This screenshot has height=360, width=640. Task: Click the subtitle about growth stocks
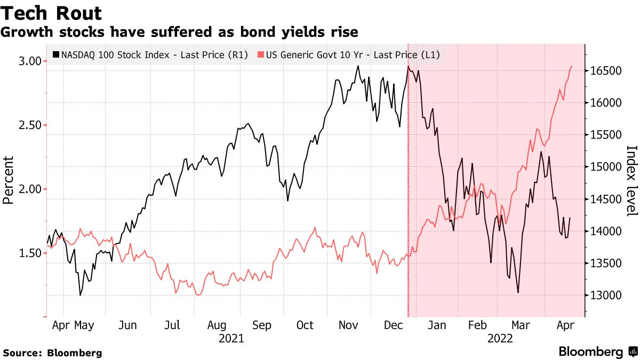coord(179,32)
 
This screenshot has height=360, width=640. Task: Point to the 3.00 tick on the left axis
coord(30,61)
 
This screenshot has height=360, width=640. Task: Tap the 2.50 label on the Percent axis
coord(30,125)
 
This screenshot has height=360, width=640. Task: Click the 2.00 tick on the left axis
coord(30,189)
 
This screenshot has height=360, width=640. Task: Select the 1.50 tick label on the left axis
coord(30,253)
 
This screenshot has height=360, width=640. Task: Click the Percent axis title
coord(9,180)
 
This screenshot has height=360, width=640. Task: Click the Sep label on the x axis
coord(262,324)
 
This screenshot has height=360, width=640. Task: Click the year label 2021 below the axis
coord(231,338)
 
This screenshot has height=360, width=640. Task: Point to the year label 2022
coord(500,338)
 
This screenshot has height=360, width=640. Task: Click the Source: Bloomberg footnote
coord(52,353)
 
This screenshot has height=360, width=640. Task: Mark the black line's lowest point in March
coord(518,292)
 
